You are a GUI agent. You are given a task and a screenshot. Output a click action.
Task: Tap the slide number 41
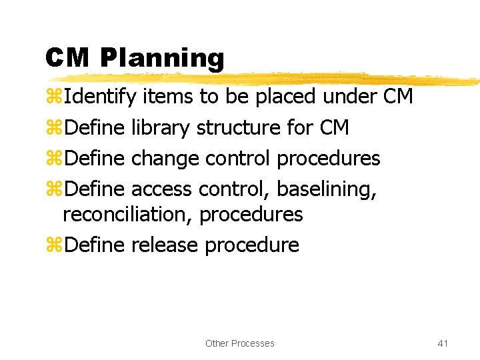(442, 343)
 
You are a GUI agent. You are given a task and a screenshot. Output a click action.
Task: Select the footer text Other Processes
(240, 343)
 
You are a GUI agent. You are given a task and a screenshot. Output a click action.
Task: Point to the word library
(161, 127)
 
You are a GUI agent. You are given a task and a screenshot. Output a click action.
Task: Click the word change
(165, 159)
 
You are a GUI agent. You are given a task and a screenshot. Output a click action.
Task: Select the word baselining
(327, 189)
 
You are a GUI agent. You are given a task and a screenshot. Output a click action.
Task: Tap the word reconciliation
(127, 215)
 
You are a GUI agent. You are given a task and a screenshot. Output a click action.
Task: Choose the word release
(165, 245)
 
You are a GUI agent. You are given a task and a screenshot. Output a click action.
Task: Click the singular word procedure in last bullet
(252, 245)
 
